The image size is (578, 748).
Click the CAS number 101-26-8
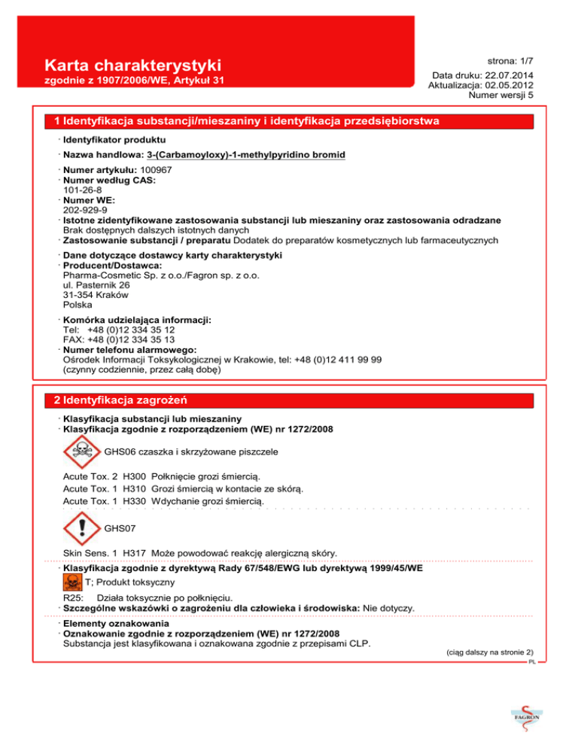tap(83, 191)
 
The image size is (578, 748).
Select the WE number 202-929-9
tap(84, 211)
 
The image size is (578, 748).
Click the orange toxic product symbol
tap(71, 582)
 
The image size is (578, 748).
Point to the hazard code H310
tap(133, 488)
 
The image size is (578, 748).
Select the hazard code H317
tap(133, 553)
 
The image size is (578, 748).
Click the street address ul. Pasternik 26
tap(96, 286)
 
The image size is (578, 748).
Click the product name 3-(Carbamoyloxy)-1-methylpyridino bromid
tap(246, 156)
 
